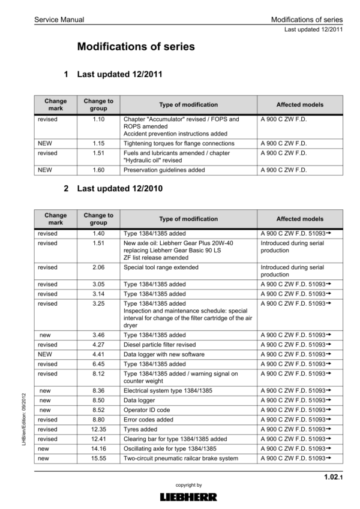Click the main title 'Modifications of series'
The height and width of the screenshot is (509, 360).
(x=136, y=46)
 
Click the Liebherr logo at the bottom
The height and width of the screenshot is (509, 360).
(x=188, y=497)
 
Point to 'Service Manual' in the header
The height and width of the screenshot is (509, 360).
(x=59, y=20)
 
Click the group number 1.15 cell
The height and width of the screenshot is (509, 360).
(x=98, y=144)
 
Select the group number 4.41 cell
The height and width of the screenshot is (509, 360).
(x=98, y=354)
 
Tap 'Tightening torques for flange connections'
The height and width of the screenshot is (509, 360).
(x=179, y=144)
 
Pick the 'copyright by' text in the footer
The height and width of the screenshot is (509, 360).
(x=188, y=484)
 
